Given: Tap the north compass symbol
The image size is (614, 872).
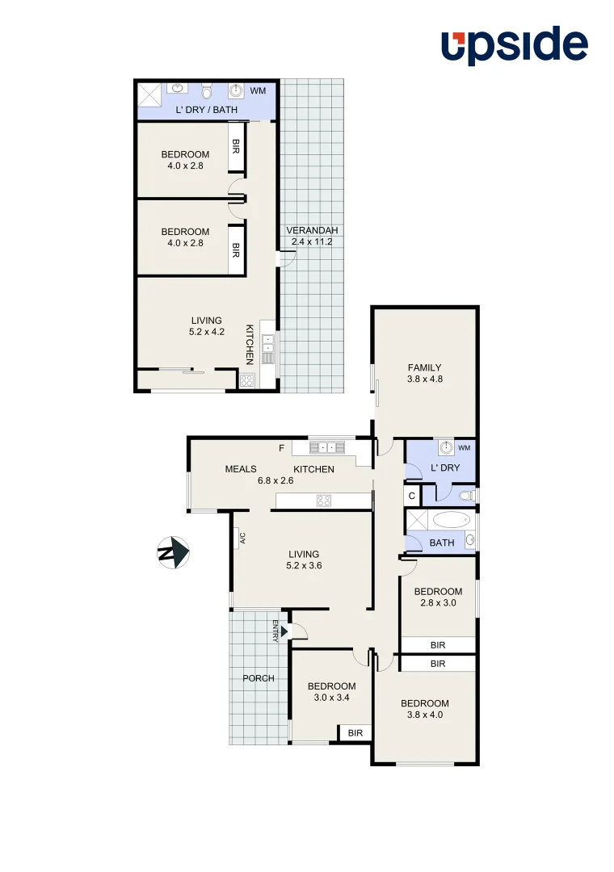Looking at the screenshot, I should click(172, 553).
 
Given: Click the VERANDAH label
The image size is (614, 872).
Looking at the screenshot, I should click(311, 231).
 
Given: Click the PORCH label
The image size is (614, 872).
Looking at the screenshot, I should click(259, 678).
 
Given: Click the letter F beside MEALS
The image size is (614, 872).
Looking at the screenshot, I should click(281, 448).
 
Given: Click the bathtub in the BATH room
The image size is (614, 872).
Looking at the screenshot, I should click(450, 519).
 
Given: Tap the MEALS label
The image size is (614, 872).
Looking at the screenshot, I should click(241, 469).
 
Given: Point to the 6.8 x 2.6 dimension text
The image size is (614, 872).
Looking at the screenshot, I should click(275, 480).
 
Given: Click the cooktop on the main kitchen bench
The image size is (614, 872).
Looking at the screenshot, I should click(326, 501).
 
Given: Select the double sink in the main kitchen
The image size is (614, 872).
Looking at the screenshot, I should click(327, 447).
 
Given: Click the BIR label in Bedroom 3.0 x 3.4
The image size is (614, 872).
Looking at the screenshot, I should click(355, 733).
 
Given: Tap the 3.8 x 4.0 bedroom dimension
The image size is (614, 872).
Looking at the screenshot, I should click(425, 715).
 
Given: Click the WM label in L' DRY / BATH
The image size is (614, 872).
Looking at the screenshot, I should click(258, 91).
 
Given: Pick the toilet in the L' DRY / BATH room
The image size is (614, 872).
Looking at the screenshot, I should click(207, 91).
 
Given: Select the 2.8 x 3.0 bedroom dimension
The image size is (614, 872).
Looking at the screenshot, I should click(440, 603).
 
